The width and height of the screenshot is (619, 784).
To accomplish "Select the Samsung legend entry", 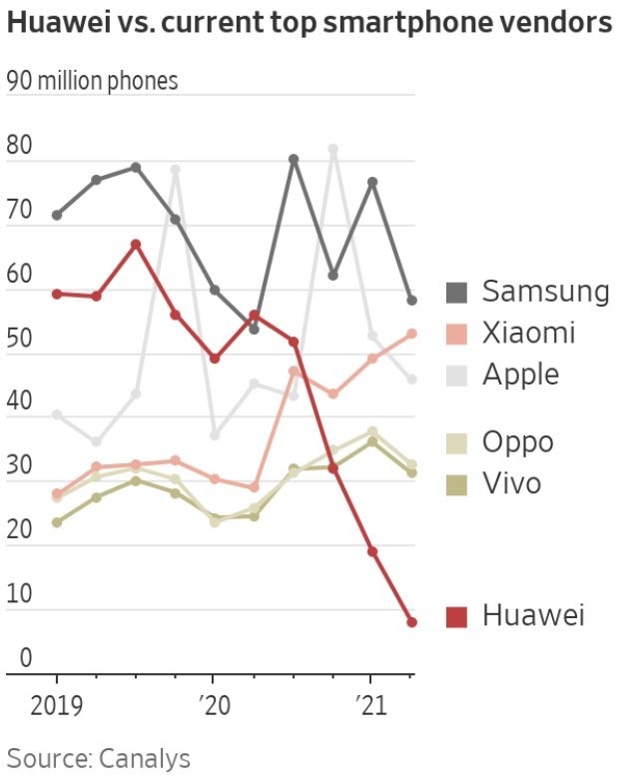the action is [x=527, y=291].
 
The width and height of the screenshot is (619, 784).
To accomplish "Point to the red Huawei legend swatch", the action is [x=456, y=616].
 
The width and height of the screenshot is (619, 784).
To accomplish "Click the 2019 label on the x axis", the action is [x=57, y=706].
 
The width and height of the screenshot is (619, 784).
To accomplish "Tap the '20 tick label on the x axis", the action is [x=214, y=706].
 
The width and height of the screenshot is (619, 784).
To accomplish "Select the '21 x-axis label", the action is [x=371, y=706].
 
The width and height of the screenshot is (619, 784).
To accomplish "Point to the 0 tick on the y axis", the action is [x=26, y=658].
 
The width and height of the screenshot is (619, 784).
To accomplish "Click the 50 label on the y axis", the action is [x=20, y=338].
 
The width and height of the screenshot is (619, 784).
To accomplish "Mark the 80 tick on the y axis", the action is [x=20, y=145].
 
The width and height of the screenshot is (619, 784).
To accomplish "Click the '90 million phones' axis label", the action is [x=93, y=81].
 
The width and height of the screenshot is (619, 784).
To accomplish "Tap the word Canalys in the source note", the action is [x=145, y=759].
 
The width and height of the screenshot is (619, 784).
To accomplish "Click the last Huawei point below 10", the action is [x=412, y=622].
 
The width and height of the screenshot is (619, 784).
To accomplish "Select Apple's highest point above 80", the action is [x=333, y=149].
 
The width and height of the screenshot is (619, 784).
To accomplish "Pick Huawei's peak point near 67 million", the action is [x=136, y=244].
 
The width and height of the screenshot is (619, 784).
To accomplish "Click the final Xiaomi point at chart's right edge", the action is [x=412, y=334].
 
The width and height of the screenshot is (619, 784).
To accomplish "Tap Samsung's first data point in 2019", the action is [x=57, y=215].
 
